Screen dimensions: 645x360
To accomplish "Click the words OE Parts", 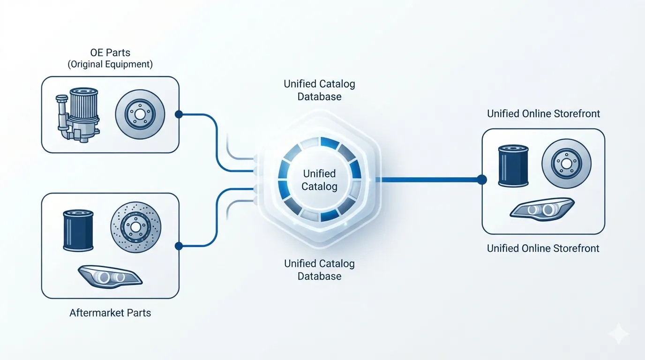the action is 110,52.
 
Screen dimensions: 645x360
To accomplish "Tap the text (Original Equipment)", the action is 110,64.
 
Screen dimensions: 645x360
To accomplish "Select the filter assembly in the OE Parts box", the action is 77,115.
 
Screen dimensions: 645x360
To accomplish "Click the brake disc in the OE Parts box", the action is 140,114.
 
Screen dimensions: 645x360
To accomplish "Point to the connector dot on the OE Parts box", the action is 179,114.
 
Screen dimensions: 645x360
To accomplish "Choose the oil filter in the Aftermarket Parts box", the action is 78,231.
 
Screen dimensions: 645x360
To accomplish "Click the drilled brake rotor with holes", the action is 135,227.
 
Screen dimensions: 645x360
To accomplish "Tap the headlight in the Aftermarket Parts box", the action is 110,277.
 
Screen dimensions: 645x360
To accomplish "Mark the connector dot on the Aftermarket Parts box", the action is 179,246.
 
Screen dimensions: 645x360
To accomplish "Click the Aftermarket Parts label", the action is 110,313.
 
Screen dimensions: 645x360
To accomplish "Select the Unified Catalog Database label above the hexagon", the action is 319,90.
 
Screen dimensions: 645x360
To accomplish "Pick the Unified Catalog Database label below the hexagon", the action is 319,270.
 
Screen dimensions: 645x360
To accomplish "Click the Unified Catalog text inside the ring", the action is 319,180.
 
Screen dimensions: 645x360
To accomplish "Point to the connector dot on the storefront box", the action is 482,180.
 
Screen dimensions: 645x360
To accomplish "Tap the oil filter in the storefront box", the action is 513,166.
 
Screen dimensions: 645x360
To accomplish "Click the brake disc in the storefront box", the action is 566,164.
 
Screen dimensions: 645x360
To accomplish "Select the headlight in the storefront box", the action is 542,209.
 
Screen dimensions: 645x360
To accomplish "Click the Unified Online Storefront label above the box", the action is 543,114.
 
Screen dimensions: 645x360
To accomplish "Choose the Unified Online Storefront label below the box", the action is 543,248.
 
